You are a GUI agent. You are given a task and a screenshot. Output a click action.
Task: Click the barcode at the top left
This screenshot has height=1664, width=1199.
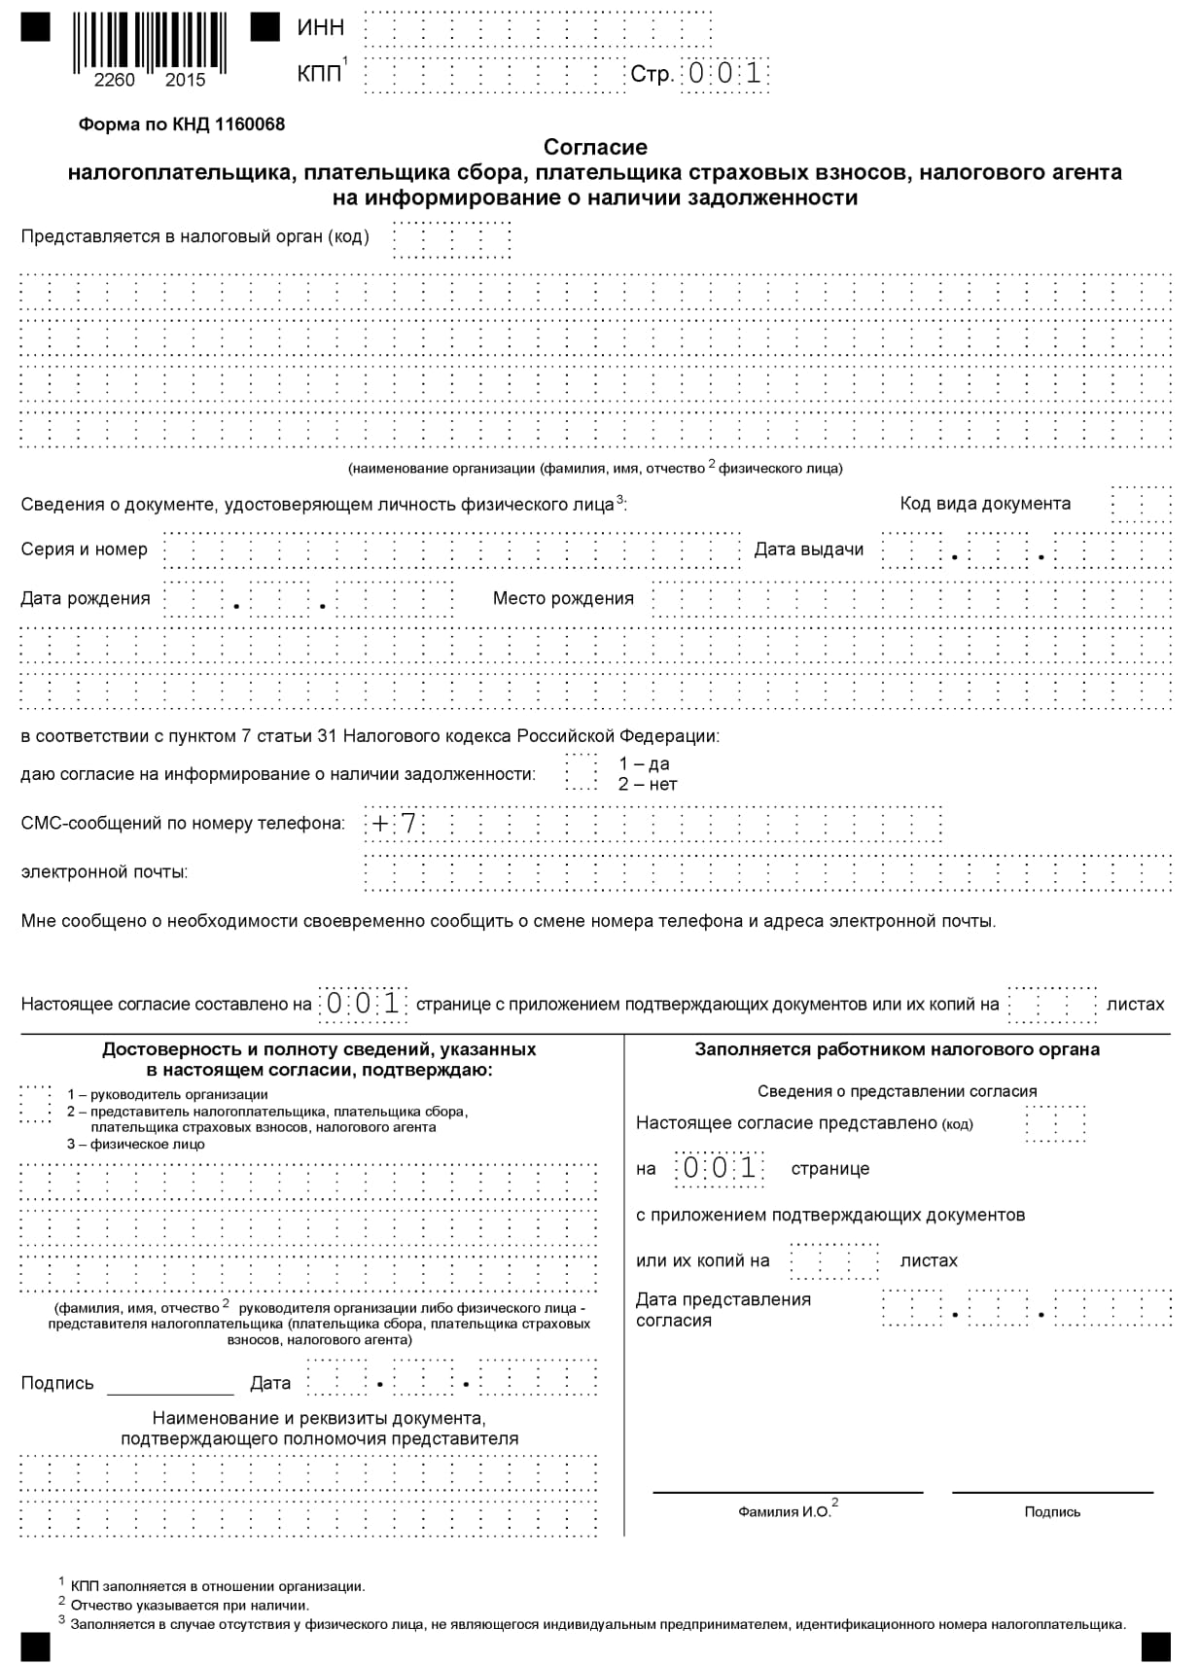(x=150, y=44)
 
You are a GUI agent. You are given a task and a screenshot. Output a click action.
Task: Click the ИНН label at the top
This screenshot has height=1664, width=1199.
(x=320, y=27)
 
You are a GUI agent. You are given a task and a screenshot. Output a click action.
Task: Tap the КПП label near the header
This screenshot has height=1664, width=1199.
(x=319, y=74)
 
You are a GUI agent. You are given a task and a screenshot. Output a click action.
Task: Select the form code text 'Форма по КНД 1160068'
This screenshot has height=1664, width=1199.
(x=181, y=124)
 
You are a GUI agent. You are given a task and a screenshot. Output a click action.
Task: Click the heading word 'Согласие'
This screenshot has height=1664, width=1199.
(x=595, y=147)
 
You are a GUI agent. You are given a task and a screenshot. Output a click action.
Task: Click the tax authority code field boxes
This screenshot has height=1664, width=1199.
(x=451, y=239)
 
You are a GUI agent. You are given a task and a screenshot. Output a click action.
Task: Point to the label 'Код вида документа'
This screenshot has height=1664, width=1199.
(x=984, y=504)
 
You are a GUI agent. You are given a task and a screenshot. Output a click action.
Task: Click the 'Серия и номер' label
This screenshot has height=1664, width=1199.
(x=85, y=549)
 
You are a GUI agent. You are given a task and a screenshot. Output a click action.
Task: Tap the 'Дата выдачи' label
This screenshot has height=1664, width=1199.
(x=808, y=549)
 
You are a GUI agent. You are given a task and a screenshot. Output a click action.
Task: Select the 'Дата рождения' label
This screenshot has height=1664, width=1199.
(x=86, y=598)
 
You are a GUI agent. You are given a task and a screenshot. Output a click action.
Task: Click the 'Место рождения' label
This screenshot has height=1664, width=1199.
(x=563, y=598)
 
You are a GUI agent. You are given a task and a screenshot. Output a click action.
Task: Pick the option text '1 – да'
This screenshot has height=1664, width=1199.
(x=644, y=763)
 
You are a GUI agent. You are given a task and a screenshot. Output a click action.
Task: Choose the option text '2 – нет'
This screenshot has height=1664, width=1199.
(x=648, y=784)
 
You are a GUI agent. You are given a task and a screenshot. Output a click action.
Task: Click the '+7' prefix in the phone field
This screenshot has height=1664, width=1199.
(x=394, y=824)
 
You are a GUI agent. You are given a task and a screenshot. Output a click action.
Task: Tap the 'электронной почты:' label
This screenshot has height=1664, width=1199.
(x=105, y=871)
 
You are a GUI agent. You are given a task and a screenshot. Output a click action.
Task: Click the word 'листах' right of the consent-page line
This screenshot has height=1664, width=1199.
(x=1135, y=1004)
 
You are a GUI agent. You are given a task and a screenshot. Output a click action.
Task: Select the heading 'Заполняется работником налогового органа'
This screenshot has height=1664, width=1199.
(x=897, y=1049)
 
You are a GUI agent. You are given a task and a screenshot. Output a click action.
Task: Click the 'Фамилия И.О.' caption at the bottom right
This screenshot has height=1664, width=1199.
(x=784, y=1511)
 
